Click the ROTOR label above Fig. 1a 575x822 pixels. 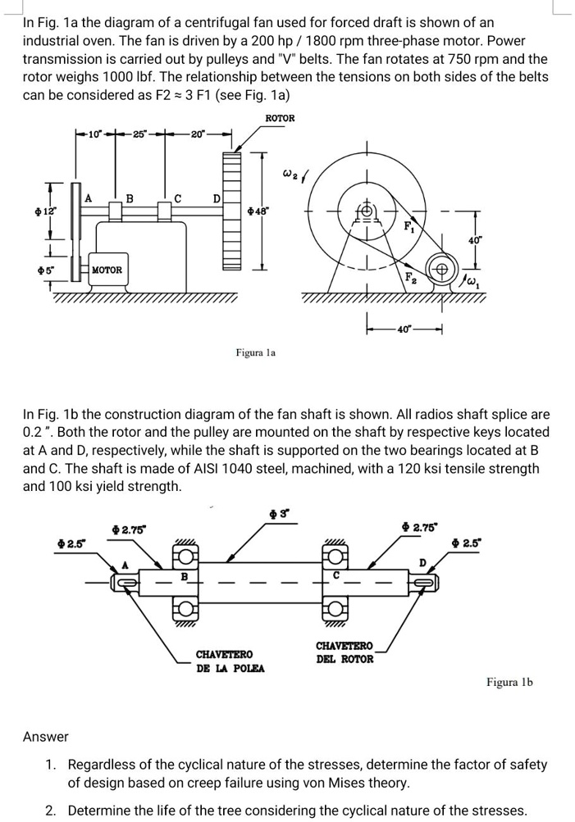click(x=280, y=119)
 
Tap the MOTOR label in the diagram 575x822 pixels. click(x=107, y=270)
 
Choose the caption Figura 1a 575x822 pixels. click(x=256, y=352)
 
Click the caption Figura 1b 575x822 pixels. click(x=509, y=681)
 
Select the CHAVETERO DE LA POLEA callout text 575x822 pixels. click(x=224, y=661)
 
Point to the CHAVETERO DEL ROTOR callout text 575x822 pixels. click(x=345, y=652)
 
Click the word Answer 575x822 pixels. click(x=46, y=737)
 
